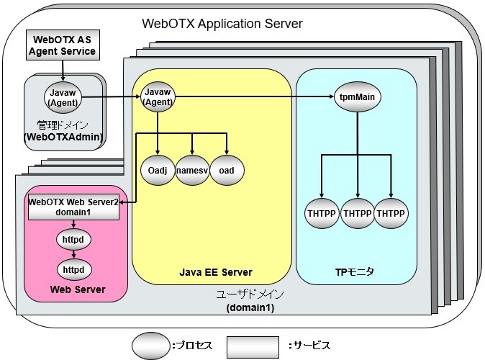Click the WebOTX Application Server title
(x=222, y=23)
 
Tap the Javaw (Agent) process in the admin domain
(x=62, y=95)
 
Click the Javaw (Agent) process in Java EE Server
(x=157, y=95)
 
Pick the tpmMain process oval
(x=357, y=96)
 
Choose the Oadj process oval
(x=157, y=171)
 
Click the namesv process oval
(x=192, y=171)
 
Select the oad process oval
(x=227, y=171)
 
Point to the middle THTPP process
(x=357, y=214)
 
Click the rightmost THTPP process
(x=391, y=214)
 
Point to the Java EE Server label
(x=215, y=272)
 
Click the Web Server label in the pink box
(x=77, y=289)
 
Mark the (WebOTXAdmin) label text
(x=63, y=135)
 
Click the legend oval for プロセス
(x=150, y=346)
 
